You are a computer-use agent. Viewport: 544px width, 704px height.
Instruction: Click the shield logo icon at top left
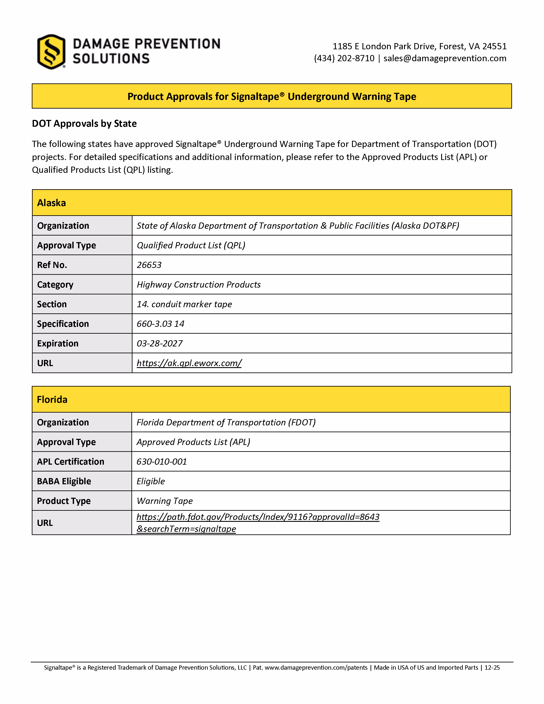click(51, 52)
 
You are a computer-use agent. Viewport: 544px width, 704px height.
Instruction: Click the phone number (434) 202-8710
click(344, 58)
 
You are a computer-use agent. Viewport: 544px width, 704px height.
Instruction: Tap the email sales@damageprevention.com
click(445, 58)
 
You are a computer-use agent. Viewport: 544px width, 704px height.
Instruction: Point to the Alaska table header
click(52, 203)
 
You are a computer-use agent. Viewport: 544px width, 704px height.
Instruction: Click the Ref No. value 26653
click(149, 265)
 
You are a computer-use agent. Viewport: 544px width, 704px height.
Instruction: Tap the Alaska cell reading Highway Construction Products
click(199, 285)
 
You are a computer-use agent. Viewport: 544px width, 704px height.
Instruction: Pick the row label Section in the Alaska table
click(52, 304)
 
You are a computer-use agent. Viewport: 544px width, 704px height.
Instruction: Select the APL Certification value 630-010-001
click(161, 462)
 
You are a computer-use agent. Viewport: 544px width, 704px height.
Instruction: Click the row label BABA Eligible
click(64, 481)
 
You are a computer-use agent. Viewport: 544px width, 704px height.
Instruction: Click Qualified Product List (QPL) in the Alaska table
click(191, 245)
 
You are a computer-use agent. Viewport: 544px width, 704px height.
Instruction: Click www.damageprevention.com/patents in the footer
click(316, 668)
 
